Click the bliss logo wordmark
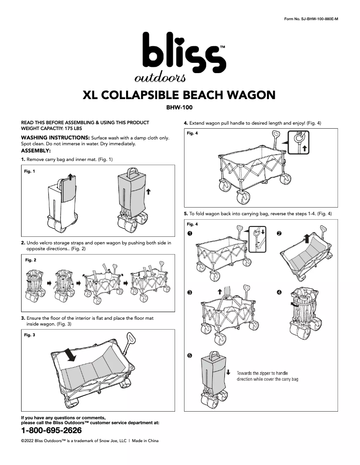pos(184,53)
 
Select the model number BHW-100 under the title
pos(179,107)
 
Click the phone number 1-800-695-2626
pos(52,430)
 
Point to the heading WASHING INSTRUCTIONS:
pos(55,137)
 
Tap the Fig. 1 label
pos(30,171)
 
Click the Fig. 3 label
pos(30,335)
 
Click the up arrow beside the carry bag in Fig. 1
pos(149,191)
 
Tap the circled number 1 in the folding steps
pos(190,234)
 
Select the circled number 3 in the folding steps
pos(190,292)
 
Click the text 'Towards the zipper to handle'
pos(262,373)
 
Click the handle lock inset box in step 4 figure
pos(299,142)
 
